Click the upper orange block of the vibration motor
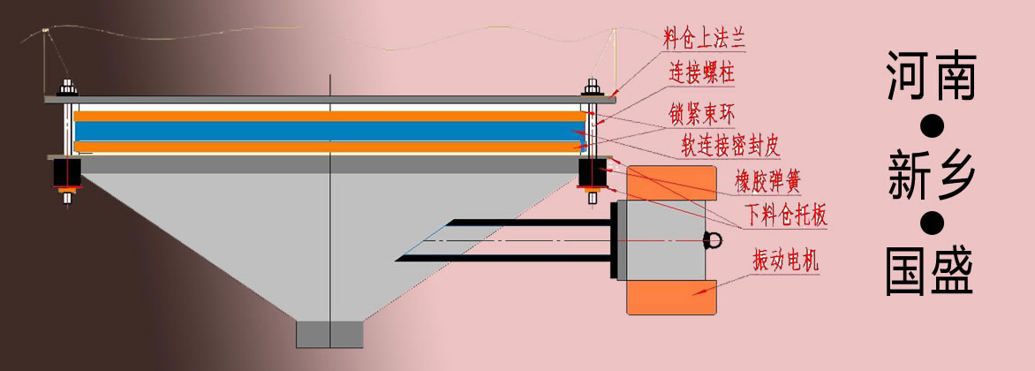click(x=670, y=182)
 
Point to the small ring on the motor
click(x=713, y=239)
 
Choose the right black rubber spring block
click(x=590, y=173)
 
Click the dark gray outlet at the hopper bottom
click(x=329, y=333)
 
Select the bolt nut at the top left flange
click(x=67, y=89)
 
